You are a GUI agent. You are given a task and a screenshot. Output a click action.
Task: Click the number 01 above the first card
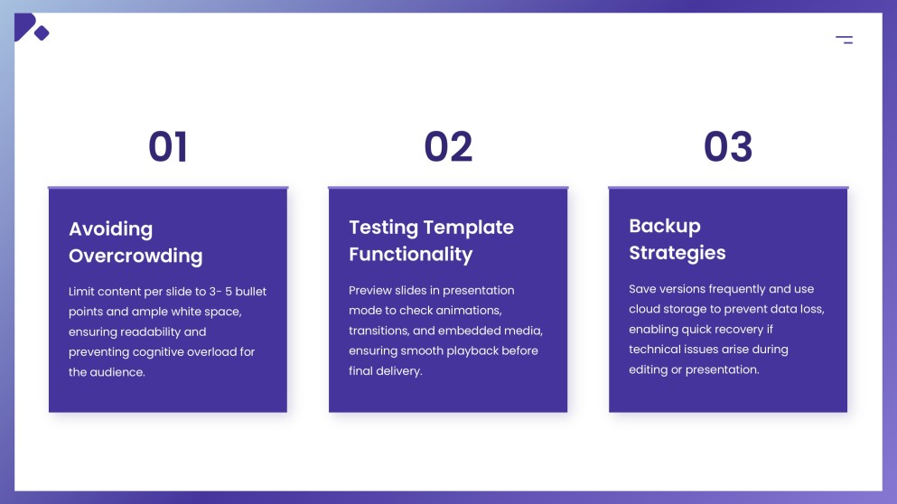[x=168, y=146]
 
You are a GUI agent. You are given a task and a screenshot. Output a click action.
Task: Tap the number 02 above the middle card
[x=448, y=146]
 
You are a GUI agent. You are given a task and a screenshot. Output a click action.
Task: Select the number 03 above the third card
[x=728, y=146]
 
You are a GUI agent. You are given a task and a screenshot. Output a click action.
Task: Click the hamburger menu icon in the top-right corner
[x=844, y=39]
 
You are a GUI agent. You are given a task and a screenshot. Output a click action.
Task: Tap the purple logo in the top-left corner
[x=30, y=28]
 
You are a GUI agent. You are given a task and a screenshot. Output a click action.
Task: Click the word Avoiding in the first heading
[x=110, y=229]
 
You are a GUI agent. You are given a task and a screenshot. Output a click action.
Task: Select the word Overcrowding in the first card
[x=135, y=256]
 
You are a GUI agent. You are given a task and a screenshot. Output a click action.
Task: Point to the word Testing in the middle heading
[x=383, y=228]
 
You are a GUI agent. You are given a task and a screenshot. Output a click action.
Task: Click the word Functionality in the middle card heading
[x=410, y=255]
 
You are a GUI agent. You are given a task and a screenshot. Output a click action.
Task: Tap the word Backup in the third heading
[x=664, y=226]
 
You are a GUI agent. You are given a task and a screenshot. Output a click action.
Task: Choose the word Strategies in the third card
[x=677, y=253]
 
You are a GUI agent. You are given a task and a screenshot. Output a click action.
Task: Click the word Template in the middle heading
[x=469, y=228]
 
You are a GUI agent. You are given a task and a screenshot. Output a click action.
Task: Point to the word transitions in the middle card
[x=379, y=331]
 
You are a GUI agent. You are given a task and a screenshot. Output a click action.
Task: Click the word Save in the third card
[x=643, y=289]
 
